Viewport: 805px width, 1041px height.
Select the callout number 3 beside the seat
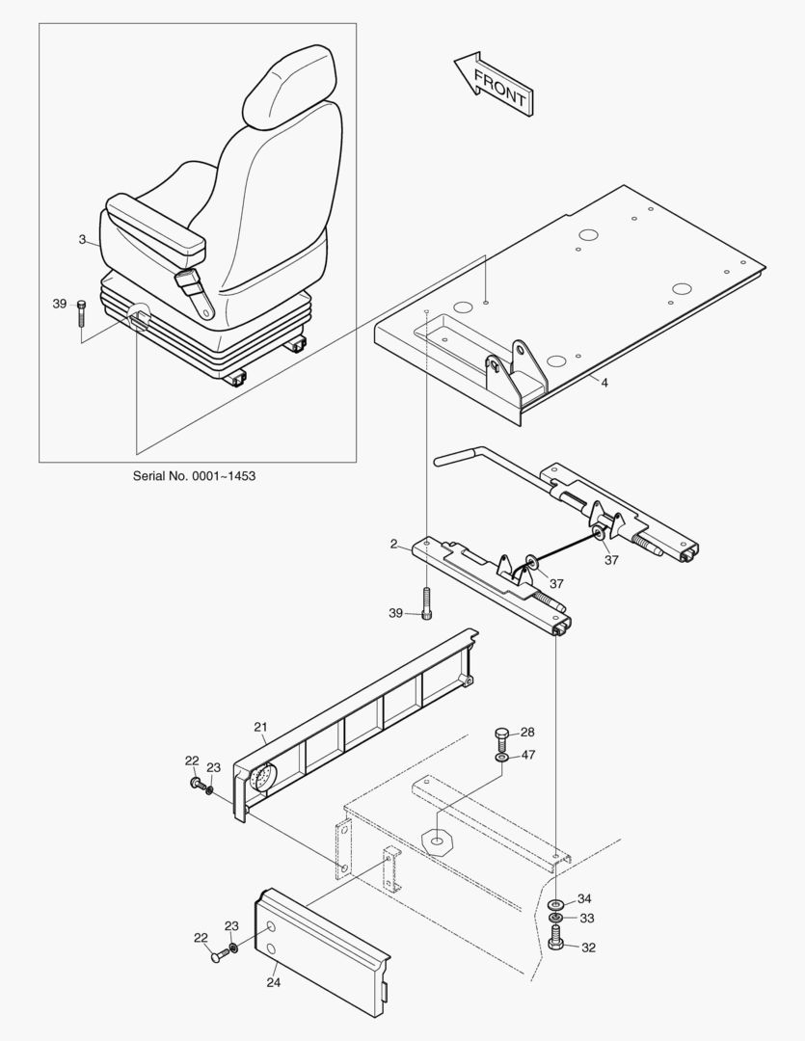coord(83,238)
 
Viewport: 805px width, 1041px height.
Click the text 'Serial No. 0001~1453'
coord(194,475)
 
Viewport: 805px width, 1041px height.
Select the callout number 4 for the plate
coord(604,383)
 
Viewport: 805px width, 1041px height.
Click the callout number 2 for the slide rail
coord(393,544)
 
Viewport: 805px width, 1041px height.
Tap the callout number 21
coord(259,726)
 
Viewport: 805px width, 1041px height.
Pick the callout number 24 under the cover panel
coord(274,984)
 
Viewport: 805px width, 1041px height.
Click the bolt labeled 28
coord(500,739)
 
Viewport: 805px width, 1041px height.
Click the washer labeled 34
coord(557,904)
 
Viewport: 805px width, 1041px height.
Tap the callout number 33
coord(586,918)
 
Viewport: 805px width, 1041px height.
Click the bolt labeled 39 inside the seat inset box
coord(80,317)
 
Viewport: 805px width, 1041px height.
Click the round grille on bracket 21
coord(261,778)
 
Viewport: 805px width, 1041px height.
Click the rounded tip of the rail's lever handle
coord(440,462)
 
